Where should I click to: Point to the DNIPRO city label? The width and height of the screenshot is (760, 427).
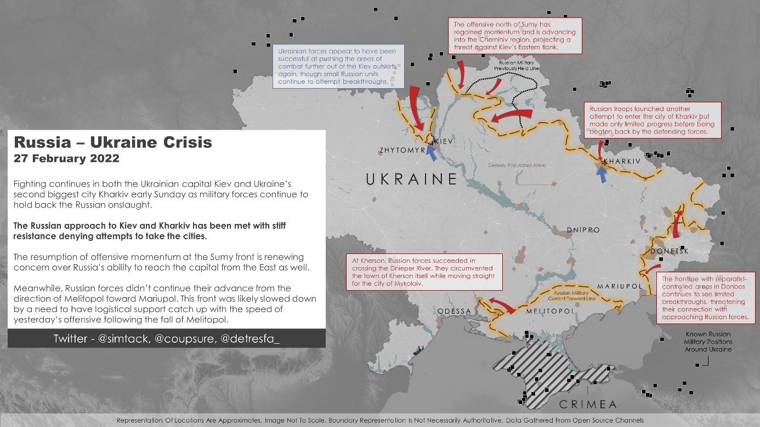pos(583,230)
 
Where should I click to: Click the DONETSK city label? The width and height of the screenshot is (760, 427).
pos(669,251)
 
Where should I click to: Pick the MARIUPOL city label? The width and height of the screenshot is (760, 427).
pos(620,287)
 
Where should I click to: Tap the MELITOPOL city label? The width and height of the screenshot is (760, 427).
pos(550,311)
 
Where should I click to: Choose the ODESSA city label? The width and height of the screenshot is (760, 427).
pos(455,311)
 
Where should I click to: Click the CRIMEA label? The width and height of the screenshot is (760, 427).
pos(587,405)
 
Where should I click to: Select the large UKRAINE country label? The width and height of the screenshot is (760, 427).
pos(411,179)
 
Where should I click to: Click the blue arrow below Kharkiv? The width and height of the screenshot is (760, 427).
pos(603,174)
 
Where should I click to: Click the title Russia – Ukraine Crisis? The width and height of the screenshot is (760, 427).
pos(113,142)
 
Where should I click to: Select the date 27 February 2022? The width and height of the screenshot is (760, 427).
pos(66,159)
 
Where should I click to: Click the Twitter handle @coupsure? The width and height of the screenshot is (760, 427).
pos(185,339)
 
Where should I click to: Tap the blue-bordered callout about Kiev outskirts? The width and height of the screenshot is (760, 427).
pos(339,66)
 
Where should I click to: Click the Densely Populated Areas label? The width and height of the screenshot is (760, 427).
pos(517,165)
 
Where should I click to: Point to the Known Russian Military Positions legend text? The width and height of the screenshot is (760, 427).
pos(707,342)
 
